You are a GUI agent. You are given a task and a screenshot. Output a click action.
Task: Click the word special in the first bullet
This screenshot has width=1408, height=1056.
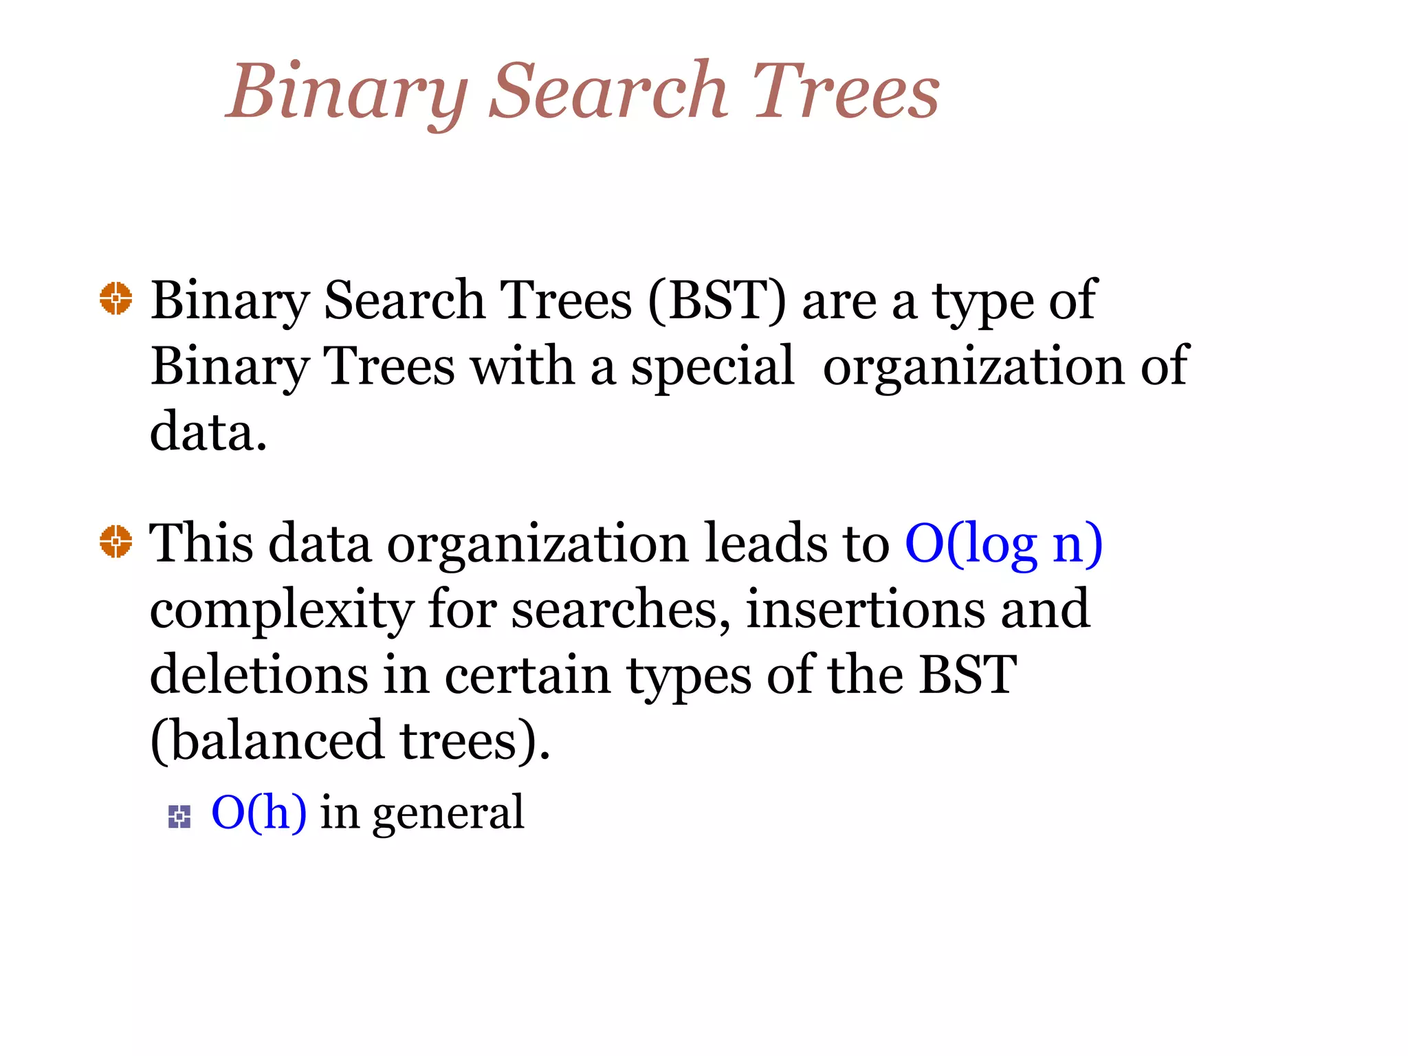coord(712,367)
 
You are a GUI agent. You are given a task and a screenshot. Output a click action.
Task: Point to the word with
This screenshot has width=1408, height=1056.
coord(522,366)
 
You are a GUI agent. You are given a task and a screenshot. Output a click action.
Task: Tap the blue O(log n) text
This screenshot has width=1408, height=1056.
coord(1004,543)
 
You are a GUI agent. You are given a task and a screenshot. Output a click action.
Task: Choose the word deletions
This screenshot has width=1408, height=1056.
coord(258,675)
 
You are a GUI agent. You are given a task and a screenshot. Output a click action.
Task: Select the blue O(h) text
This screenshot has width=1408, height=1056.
coord(258,813)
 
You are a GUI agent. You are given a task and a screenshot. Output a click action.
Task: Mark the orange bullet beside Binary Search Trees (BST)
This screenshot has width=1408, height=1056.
coord(115,298)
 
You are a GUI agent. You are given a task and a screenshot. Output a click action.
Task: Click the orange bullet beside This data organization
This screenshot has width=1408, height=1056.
coord(115,541)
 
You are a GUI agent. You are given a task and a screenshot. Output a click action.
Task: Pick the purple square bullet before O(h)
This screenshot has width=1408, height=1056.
coord(179,817)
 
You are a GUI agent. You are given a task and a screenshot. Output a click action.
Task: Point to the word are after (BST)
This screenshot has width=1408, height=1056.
coord(839,302)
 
